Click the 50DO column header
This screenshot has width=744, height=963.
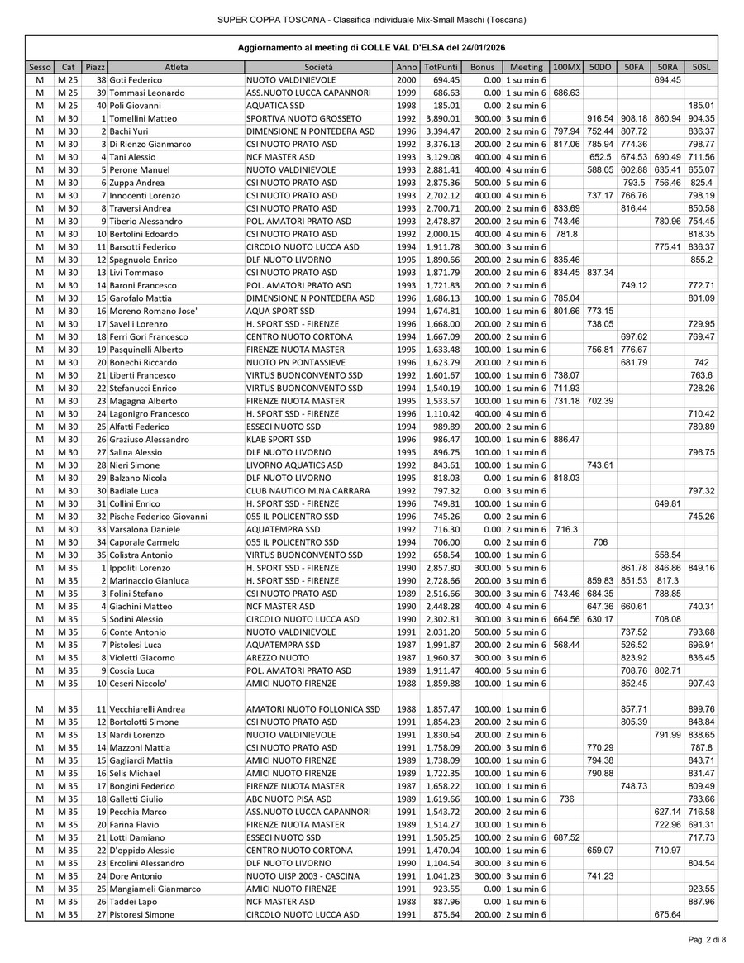tap(600, 66)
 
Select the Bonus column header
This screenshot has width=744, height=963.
tap(481, 66)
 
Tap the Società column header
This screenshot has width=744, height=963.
tap(318, 66)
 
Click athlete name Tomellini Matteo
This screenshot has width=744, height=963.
tap(142, 118)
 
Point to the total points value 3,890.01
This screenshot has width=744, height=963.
tap(441, 118)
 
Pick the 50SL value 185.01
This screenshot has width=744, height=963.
tap(701, 105)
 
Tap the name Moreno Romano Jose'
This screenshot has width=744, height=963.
tap(150, 310)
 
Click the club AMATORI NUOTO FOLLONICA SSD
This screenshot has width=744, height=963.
tap(313, 709)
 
